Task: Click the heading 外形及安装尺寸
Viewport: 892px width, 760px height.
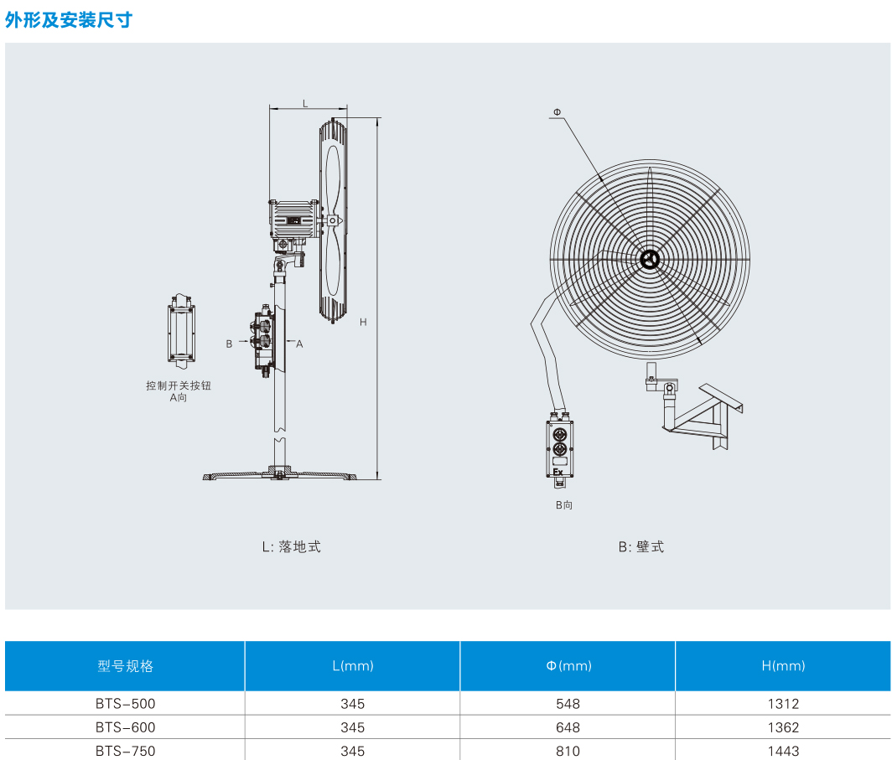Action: (69, 20)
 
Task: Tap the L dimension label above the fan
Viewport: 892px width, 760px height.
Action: (305, 103)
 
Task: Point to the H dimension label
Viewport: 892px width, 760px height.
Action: (362, 322)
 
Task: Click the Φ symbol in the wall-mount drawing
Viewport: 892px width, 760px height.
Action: (557, 112)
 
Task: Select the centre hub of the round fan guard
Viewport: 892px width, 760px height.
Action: (649, 260)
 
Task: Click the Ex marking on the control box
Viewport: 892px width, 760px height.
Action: (557, 472)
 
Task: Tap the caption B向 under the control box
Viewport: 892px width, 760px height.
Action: (563, 505)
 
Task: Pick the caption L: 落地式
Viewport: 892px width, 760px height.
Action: (291, 546)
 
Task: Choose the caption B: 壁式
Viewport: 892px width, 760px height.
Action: (641, 546)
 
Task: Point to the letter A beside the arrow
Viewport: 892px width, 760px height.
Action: (299, 344)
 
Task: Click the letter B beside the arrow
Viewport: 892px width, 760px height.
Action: (229, 344)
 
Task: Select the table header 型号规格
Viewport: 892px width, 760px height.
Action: (125, 666)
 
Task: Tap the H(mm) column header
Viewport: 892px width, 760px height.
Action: (783, 666)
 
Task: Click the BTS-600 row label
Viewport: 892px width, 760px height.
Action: (125, 727)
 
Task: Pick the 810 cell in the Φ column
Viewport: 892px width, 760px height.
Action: (568, 751)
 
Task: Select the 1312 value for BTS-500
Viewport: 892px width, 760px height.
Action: (783, 704)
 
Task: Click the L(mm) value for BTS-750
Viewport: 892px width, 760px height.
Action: (352, 751)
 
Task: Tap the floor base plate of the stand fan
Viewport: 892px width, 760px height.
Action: (281, 476)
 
